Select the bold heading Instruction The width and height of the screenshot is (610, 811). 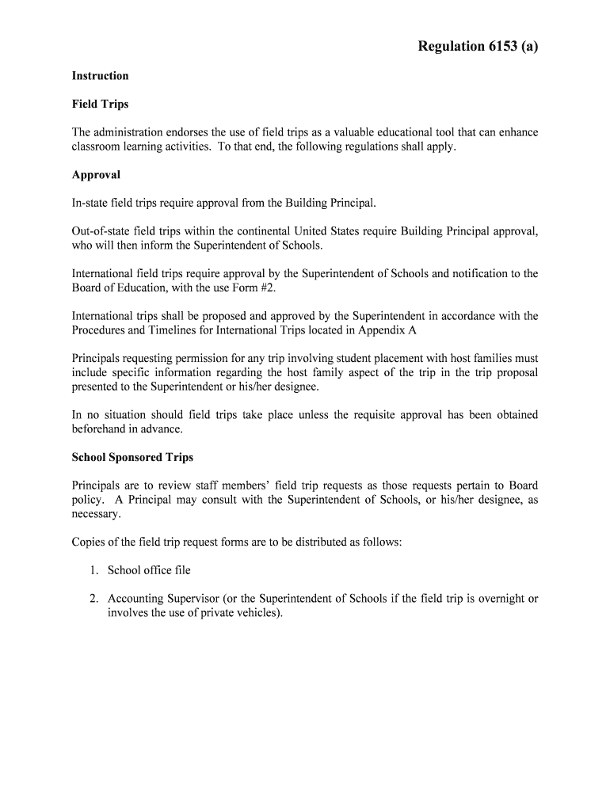[x=100, y=76]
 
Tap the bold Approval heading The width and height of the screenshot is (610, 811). [x=96, y=174]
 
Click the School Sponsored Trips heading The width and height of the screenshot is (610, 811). [x=132, y=458]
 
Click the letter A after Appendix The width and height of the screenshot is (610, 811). [x=412, y=330]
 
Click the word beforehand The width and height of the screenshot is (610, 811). [x=102, y=429]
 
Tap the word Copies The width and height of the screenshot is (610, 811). [x=89, y=542]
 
